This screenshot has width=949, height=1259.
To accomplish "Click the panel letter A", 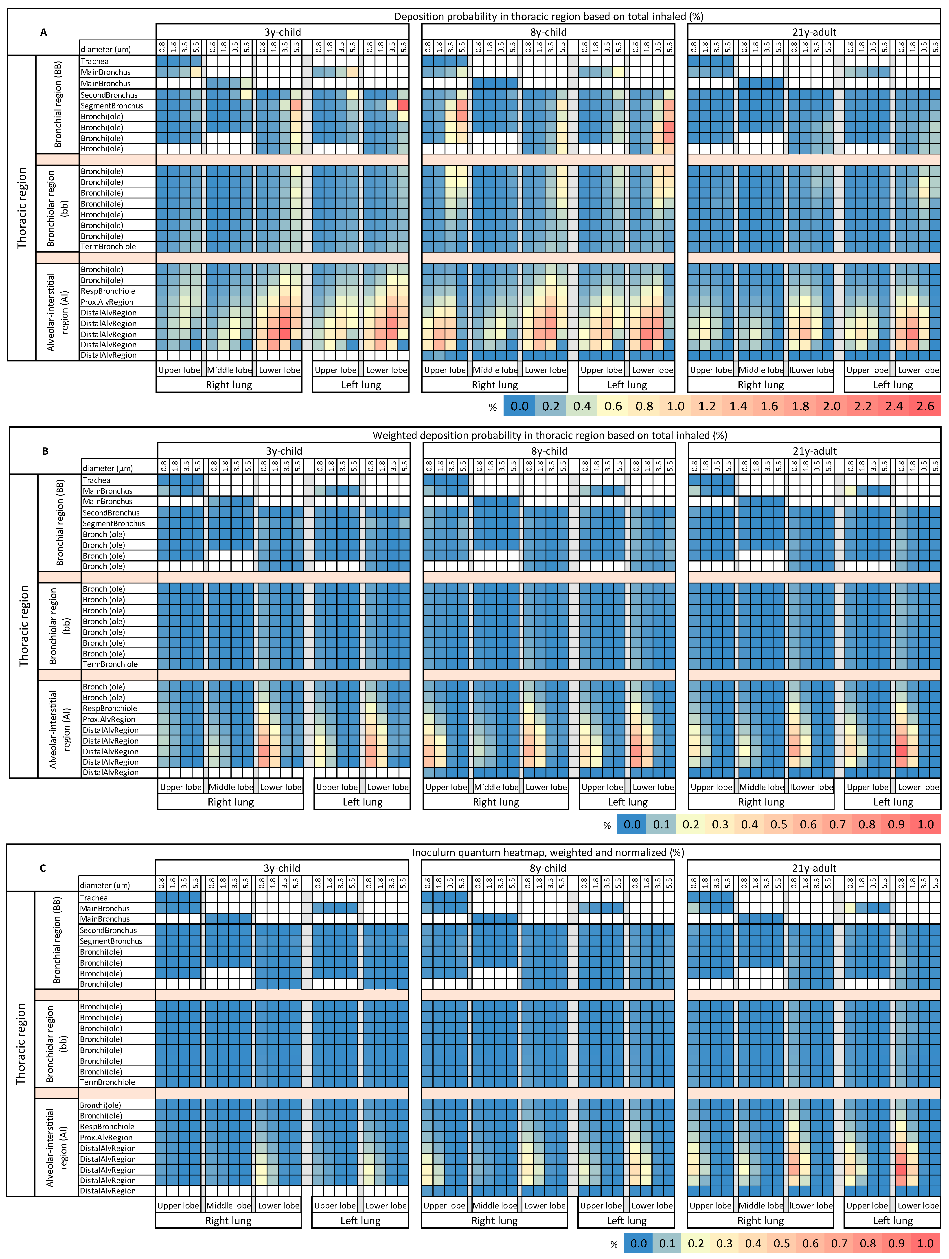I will pos(43,33).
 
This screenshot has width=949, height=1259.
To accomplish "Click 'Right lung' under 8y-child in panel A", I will pos(494,385).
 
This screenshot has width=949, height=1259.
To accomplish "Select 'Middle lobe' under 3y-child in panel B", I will pos(230,787).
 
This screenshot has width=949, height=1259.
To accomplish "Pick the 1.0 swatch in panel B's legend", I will pos(925,824).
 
